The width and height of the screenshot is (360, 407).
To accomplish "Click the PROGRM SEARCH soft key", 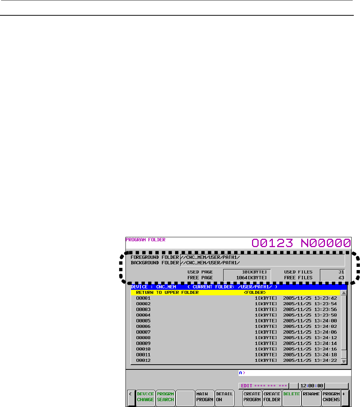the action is click(165, 397).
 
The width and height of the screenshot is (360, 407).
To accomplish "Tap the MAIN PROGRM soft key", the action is click(204, 397).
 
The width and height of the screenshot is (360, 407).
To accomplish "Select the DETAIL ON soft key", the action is click(224, 397).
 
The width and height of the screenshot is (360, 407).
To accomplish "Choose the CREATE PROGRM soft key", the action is click(252, 397).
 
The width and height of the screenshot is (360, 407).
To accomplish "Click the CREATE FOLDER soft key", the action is click(272, 397).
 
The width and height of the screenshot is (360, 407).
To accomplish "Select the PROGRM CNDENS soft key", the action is click(331, 397).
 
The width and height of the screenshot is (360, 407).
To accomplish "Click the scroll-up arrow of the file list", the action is click(344, 293).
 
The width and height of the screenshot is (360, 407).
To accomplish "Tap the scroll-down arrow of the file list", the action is click(344, 361).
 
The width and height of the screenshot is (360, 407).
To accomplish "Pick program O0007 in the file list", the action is click(143, 332).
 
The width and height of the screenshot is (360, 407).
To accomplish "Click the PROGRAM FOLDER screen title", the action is click(146, 240).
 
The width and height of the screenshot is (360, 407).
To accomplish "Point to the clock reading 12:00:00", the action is click(311, 386).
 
